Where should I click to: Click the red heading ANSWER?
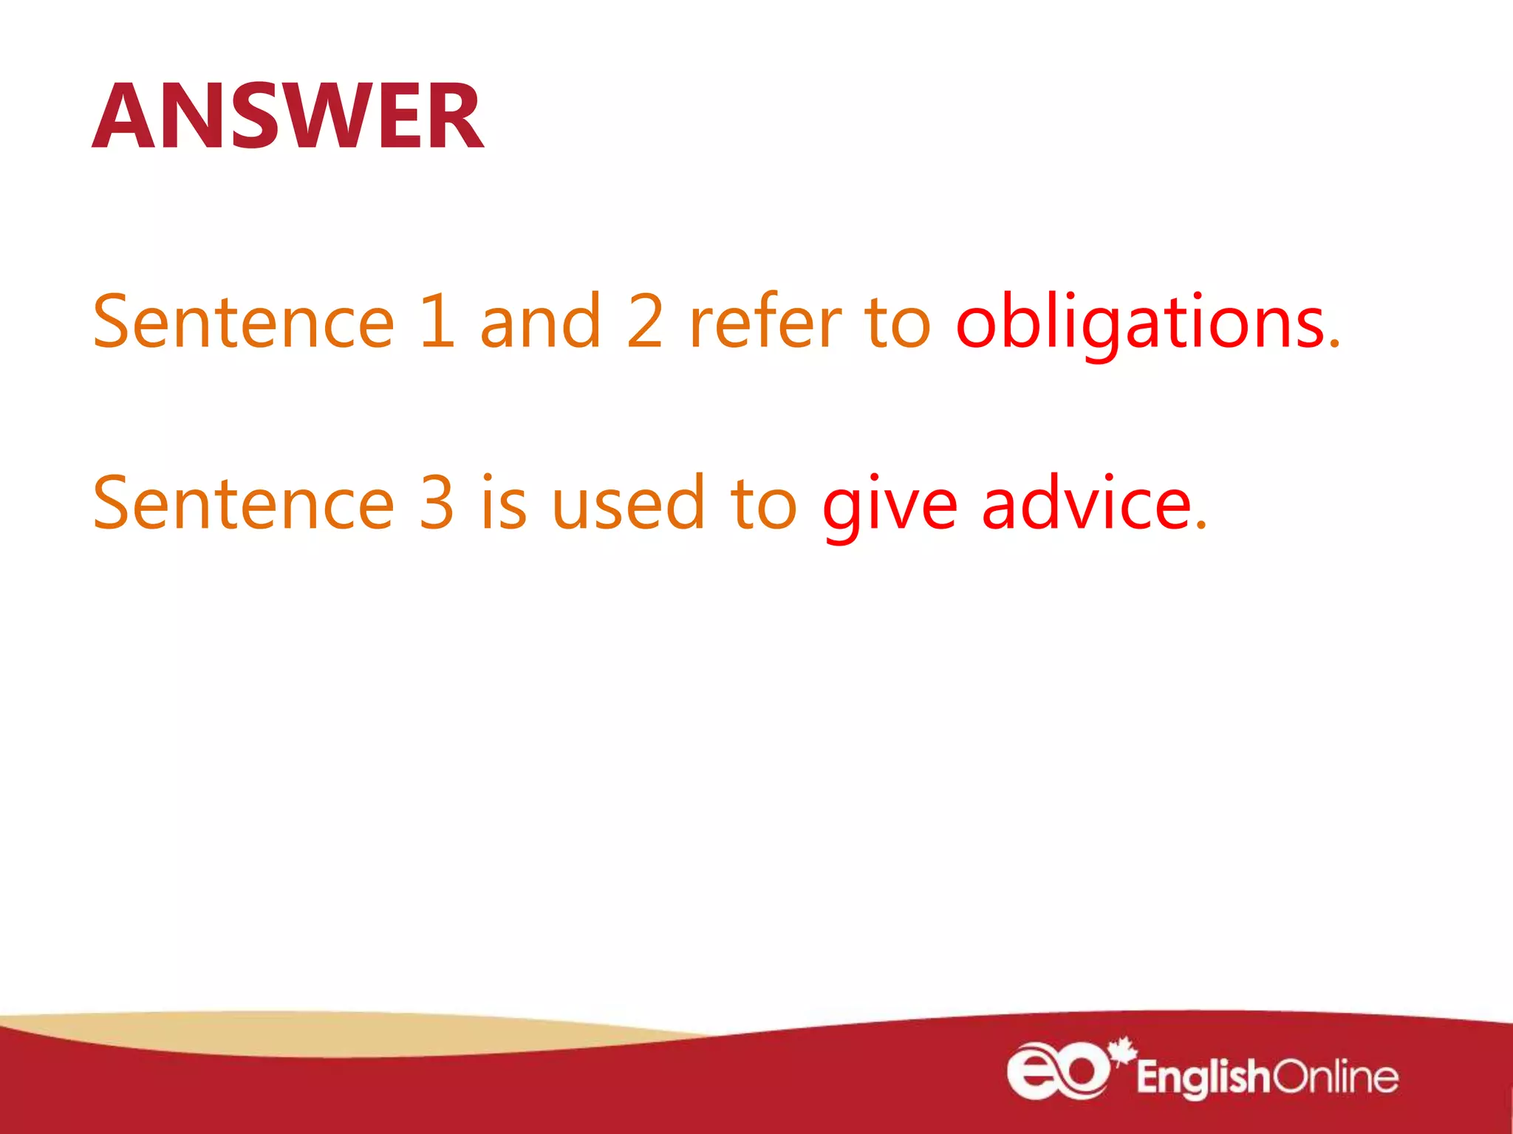[x=288, y=116]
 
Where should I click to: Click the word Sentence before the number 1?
[x=244, y=321]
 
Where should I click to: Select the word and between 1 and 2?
[x=540, y=321]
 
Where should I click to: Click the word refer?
[x=765, y=321]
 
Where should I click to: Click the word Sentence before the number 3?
[x=244, y=503]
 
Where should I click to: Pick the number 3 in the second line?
[x=437, y=503]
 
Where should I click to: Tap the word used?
[x=629, y=503]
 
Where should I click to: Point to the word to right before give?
[x=763, y=504]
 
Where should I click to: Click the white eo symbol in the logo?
[x=1057, y=1071]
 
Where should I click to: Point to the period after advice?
[x=1201, y=525]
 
